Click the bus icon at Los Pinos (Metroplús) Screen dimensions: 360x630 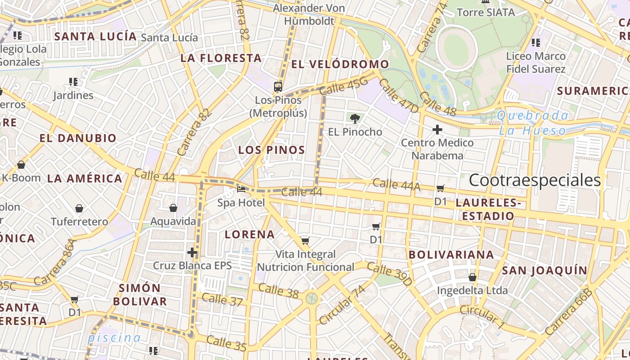pos(278,86)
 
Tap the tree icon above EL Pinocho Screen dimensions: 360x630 pos(355,119)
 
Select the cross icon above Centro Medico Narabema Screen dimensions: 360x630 pos(437,130)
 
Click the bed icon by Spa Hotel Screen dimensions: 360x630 pos(242,189)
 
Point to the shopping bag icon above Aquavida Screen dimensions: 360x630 pos(173,208)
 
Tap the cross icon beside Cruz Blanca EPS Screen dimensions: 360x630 pos(192,252)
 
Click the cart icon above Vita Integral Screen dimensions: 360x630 pos(306,241)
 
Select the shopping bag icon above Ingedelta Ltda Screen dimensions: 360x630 pos(472,277)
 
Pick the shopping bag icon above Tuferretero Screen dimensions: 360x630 pos(79,208)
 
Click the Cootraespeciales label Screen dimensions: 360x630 pos(535,180)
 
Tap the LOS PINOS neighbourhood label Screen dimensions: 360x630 pos(272,150)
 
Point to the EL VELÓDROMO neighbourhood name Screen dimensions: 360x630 pos(340,64)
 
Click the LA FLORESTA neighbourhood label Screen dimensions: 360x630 pos(221,58)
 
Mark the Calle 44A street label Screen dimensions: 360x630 pos(396,184)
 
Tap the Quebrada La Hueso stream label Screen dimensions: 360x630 pos(532,123)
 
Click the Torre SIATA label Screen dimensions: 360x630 pos(486,12)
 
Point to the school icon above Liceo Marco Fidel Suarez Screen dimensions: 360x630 pos(535,43)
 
